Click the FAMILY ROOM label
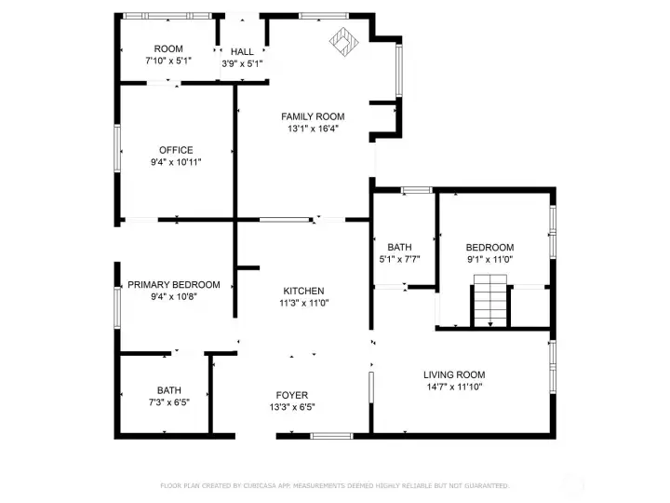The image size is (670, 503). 313,116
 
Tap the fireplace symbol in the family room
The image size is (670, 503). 344,42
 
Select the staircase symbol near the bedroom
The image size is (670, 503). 490,301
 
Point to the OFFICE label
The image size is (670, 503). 176,150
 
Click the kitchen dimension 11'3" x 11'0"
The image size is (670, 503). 303,303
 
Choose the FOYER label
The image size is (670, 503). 292,395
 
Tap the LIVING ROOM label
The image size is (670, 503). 454,374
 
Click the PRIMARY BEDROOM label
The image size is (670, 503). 174,285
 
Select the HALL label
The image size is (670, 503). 242,52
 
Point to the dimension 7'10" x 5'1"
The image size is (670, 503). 168,61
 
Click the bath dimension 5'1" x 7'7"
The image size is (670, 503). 399,259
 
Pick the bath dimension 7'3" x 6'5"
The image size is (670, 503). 169,402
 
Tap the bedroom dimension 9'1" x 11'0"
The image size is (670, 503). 489,259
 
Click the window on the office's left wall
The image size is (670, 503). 117,148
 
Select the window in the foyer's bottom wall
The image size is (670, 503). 331,436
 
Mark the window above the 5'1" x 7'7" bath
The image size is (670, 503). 417,190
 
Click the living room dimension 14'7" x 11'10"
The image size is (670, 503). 454,387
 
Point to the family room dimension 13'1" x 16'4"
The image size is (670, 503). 313,129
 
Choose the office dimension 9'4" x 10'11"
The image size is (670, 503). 176,162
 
